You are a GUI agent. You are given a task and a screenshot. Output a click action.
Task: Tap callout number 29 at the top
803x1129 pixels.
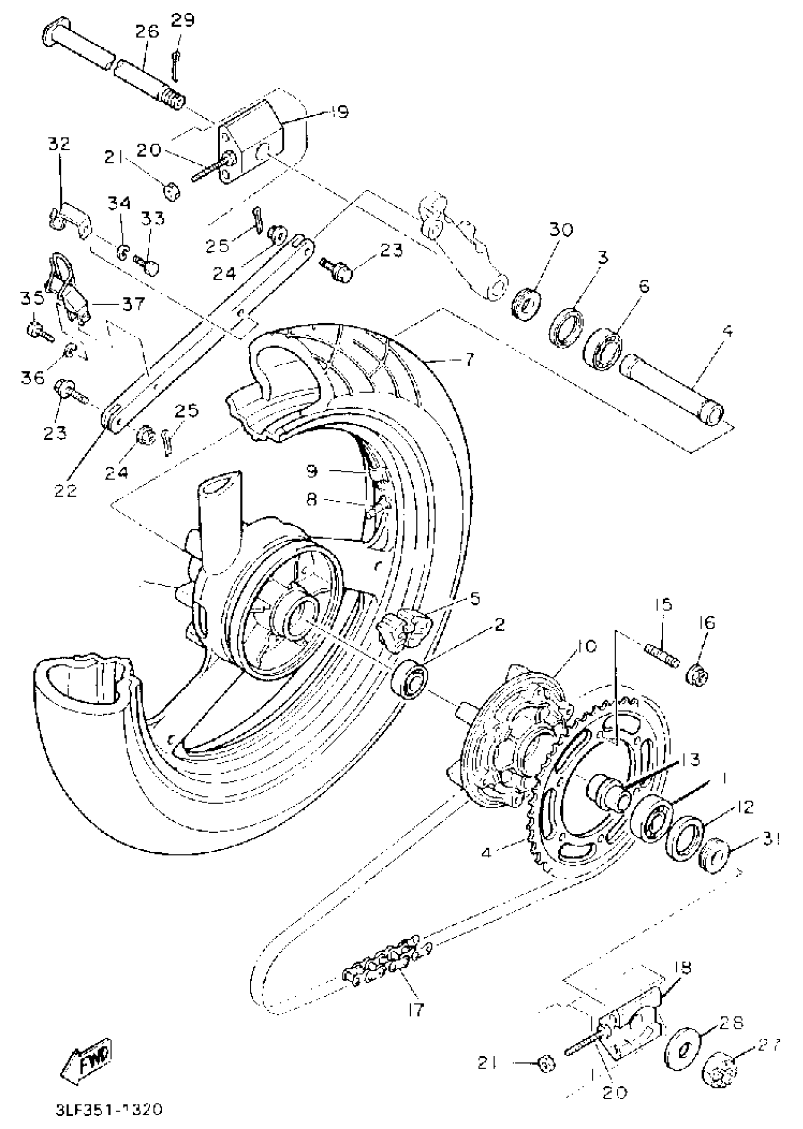pos(183,21)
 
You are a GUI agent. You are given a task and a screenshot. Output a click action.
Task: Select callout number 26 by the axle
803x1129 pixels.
pos(147,32)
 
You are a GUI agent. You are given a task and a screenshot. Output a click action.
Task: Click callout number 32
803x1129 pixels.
pos(60,144)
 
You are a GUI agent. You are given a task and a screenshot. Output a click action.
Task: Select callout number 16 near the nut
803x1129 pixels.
pos(708,622)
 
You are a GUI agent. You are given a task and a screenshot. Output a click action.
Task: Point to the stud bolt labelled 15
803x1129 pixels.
pos(662,656)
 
